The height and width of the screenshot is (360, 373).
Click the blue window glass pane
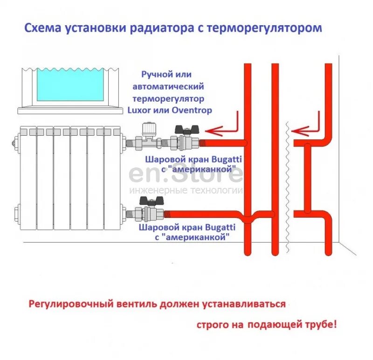(70, 84)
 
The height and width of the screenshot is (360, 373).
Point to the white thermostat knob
(150, 127)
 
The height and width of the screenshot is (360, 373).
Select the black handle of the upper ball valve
(183, 129)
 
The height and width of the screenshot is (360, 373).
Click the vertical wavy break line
(289, 187)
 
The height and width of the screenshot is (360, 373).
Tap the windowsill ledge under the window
(70, 110)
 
